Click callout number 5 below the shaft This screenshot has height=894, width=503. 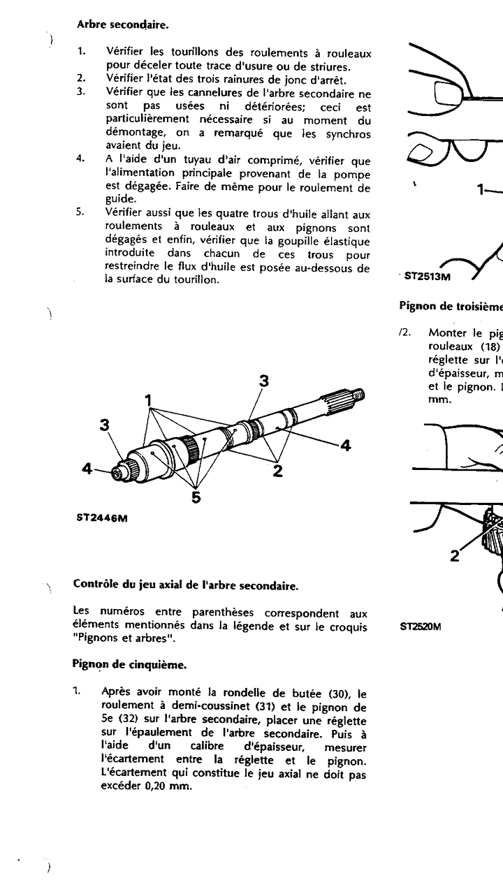point(196,497)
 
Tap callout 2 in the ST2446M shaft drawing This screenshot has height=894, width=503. point(277,470)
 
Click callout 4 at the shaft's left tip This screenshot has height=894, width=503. point(87,469)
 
